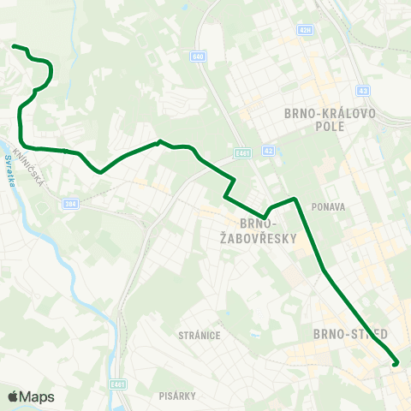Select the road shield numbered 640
[199, 57]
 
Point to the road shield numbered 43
[363, 90]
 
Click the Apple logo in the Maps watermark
[13, 396]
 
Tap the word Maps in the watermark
[37, 396]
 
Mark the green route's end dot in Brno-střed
[396, 364]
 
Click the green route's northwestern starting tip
[15, 45]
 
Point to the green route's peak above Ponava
[295, 200]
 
